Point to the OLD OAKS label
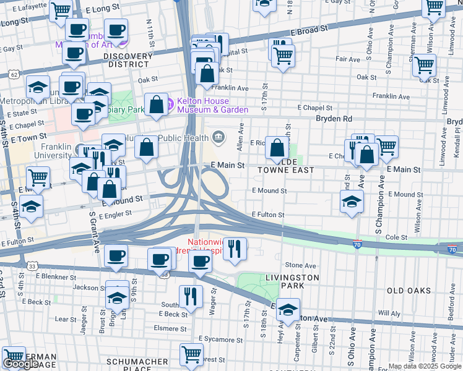tap(408, 290)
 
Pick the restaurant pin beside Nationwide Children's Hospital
tap(235, 249)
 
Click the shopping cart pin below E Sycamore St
tap(192, 355)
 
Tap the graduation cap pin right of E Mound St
tap(352, 202)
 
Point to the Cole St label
tap(396, 237)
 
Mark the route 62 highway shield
tap(14, 74)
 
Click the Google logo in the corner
tap(20, 364)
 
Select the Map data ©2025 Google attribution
tap(425, 366)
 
